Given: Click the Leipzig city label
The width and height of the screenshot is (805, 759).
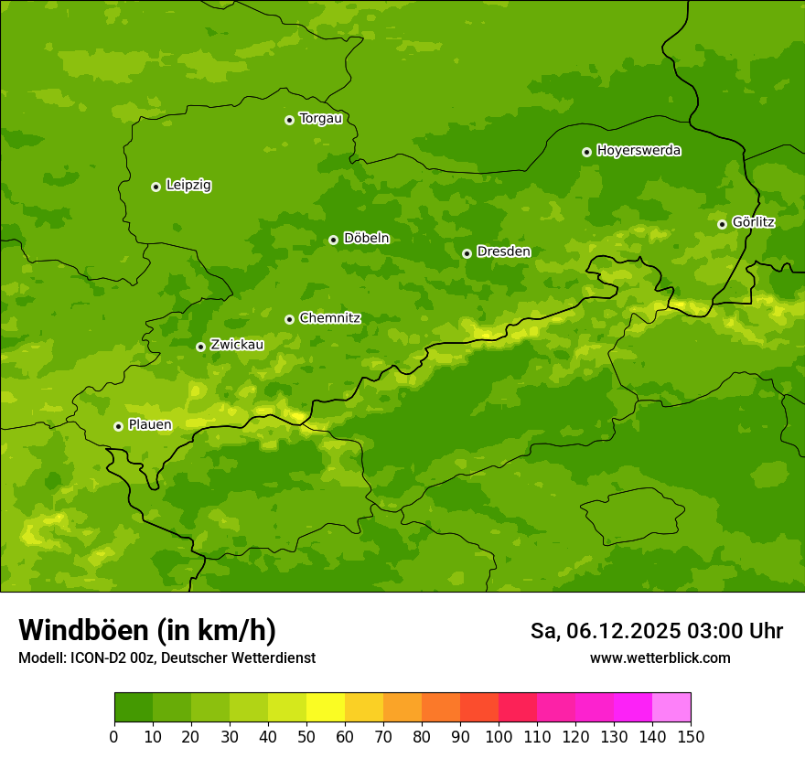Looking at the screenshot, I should click(x=188, y=186).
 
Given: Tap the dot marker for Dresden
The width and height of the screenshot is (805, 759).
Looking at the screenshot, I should click(x=467, y=253).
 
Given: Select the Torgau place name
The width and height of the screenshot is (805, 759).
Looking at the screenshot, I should click(x=320, y=119).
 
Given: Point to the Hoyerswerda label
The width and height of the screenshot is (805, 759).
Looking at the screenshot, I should click(x=639, y=151).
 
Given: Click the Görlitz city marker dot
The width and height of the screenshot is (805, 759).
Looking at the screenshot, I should click(x=722, y=224).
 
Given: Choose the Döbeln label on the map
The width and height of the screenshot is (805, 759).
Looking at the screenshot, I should click(x=366, y=239).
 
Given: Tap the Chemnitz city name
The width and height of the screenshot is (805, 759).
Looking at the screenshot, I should click(x=329, y=318).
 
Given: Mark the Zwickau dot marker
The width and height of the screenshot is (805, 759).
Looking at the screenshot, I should click(x=200, y=347).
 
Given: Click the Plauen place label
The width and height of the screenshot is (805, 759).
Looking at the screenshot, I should click(x=150, y=425).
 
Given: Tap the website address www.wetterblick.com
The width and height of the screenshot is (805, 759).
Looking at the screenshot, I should click(x=660, y=657).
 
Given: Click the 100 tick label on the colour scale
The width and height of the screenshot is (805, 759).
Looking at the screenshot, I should click(x=498, y=736).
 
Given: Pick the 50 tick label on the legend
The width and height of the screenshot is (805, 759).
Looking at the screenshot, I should click(x=306, y=736).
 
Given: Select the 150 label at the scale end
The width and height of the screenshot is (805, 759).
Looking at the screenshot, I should click(x=690, y=736).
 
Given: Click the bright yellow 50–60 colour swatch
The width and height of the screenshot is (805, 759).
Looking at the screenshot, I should click(x=325, y=708).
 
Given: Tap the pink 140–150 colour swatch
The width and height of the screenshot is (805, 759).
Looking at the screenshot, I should click(x=671, y=708).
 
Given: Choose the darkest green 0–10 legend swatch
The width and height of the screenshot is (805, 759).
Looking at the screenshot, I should click(x=134, y=708).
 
